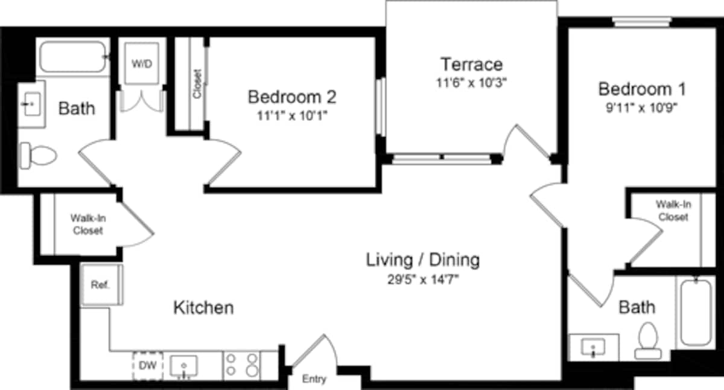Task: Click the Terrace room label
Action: [471, 64]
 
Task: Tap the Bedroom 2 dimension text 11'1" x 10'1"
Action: [292, 116]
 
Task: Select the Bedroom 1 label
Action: [642, 90]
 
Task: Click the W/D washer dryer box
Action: [142, 63]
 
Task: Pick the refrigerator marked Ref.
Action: [101, 285]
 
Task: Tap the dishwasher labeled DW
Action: [147, 365]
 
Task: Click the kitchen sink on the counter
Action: [183, 365]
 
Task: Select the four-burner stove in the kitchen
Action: [242, 365]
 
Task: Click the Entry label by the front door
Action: [314, 379]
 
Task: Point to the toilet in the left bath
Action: [38, 155]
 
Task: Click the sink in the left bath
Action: [30, 106]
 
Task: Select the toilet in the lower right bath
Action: [647, 340]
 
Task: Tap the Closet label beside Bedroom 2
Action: [197, 83]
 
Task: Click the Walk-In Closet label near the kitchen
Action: [87, 224]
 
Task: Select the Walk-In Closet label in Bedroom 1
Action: [673, 211]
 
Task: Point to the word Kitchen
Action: [203, 308]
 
